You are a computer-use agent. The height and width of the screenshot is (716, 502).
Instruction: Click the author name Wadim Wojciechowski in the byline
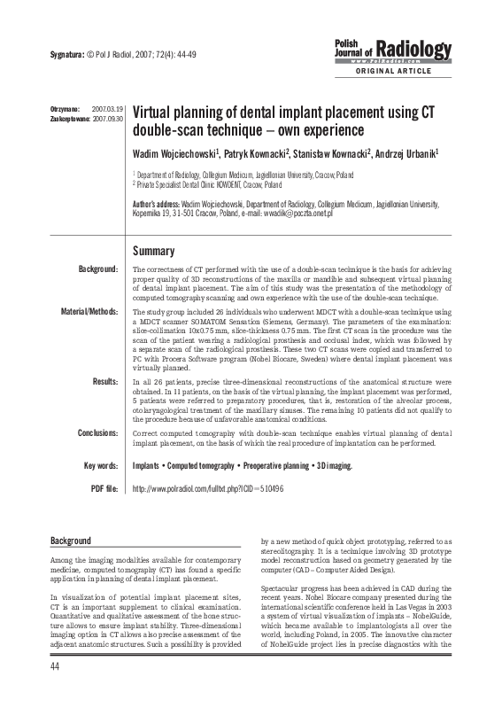tap(174, 154)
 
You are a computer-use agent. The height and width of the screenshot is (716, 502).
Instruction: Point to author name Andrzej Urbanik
tap(412, 154)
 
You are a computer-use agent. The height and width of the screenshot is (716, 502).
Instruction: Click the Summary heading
tap(153, 251)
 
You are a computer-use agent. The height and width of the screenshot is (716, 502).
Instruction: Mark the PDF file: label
tap(102, 488)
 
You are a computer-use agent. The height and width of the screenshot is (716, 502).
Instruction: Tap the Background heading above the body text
tap(70, 540)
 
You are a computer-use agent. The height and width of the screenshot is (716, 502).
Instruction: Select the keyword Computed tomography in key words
tap(207, 465)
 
